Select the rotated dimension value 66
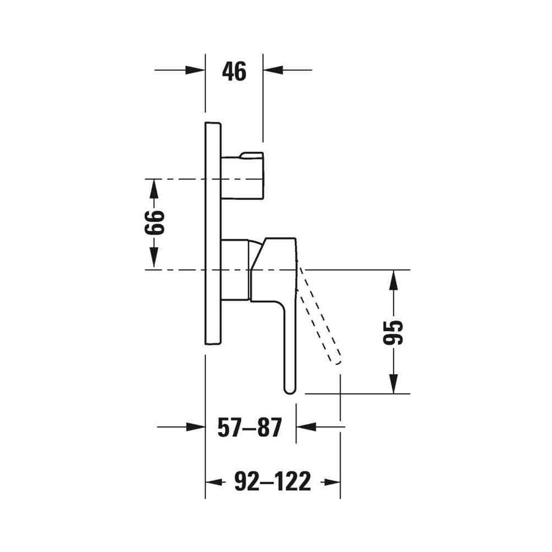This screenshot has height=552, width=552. (x=154, y=222)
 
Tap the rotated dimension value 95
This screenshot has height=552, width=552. (x=392, y=332)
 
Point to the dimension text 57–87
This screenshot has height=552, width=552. (x=250, y=427)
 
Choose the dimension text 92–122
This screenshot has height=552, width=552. (x=273, y=481)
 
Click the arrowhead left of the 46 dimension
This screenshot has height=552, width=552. (x=195, y=70)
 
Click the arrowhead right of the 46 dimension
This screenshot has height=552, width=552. (x=273, y=70)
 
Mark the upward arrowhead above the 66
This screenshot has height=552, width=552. (x=154, y=189)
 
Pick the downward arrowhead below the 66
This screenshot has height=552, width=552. (x=154, y=258)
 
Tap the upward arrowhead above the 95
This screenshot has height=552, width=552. (x=393, y=280)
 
